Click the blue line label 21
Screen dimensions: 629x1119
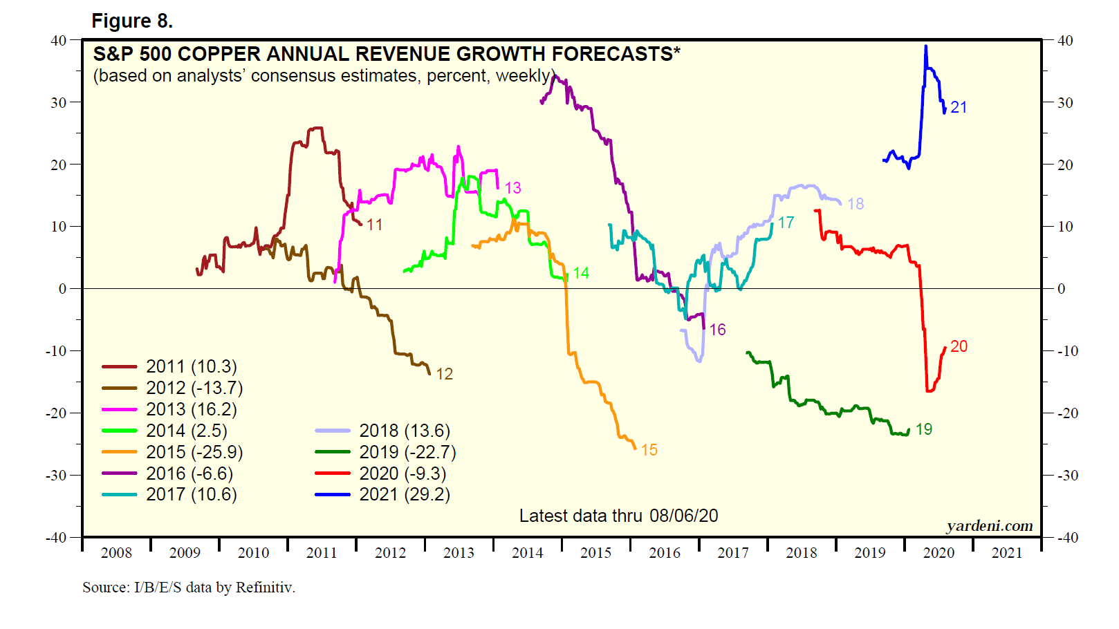click(x=959, y=108)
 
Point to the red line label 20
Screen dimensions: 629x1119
click(x=959, y=346)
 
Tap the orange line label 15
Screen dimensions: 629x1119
click(x=649, y=450)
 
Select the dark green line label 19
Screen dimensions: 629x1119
click(x=924, y=429)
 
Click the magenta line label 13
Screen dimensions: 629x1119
click(x=512, y=188)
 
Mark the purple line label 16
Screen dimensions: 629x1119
click(x=718, y=330)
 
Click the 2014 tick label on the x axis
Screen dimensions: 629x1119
click(x=527, y=553)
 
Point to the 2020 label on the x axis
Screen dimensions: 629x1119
click(x=938, y=553)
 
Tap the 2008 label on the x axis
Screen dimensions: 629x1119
click(x=116, y=553)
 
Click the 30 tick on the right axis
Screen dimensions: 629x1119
click(x=1066, y=103)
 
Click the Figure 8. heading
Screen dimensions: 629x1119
click(x=132, y=21)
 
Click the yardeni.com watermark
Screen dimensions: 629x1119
click(x=990, y=526)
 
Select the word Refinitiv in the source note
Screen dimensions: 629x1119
click(x=265, y=588)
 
